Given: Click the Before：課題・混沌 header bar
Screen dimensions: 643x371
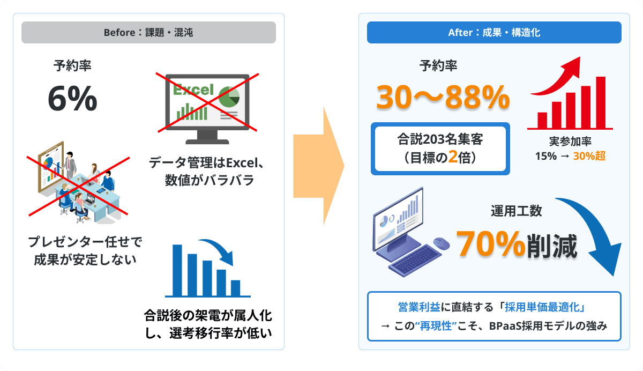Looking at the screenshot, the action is [x=149, y=33].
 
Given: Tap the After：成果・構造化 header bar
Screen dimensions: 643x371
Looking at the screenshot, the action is [x=494, y=33].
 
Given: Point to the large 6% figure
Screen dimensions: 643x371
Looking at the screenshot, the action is [x=73, y=99].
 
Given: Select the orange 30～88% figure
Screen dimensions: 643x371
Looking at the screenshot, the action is [x=443, y=98].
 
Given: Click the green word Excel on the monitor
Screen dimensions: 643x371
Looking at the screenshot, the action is [x=193, y=90].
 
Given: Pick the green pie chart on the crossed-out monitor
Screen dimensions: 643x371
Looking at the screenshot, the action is [x=229, y=97].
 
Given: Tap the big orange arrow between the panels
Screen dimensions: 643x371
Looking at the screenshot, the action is [x=319, y=166].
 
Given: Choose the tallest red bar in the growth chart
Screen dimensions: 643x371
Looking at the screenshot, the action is [x=601, y=102].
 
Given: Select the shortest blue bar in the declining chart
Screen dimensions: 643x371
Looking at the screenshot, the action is [x=235, y=288].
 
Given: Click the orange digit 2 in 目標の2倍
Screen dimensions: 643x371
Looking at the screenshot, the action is [x=453, y=157].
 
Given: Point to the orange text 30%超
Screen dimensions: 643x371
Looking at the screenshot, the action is [x=589, y=156].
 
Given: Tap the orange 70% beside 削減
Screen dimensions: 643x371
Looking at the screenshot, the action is [x=491, y=243].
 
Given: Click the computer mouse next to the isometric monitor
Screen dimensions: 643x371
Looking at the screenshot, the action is [x=442, y=243].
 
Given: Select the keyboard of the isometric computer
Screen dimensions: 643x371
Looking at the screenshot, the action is [x=415, y=261].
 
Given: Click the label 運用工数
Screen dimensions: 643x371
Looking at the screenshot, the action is [x=516, y=211].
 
